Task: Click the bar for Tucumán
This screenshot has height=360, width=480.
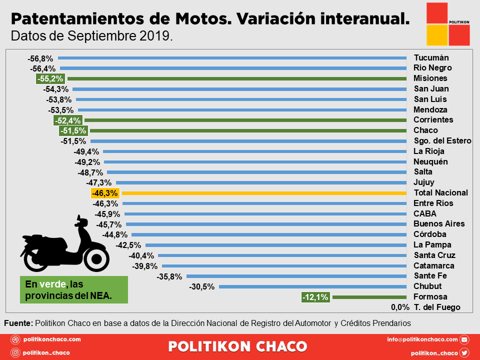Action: click(x=232, y=57)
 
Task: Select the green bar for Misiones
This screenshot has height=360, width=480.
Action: click(x=237, y=78)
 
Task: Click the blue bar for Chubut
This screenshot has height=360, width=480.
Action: click(x=312, y=286)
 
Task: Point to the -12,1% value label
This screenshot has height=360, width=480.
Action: click(x=315, y=297)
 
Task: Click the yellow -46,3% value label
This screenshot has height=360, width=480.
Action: click(x=104, y=193)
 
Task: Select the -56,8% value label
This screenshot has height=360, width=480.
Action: click(x=40, y=58)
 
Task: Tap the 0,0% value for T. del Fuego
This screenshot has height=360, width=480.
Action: click(x=400, y=307)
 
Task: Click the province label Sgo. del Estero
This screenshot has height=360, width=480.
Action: click(x=442, y=140)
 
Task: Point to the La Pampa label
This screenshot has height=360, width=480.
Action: click(x=432, y=245)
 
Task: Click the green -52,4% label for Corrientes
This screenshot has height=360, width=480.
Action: click(x=67, y=120)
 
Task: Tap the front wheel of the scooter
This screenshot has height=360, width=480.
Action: click(x=96, y=258)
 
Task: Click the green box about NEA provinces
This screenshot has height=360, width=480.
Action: click(x=74, y=289)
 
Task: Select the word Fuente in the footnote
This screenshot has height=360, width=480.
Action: click(x=18, y=323)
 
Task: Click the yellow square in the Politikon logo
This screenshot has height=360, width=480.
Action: click(x=437, y=35)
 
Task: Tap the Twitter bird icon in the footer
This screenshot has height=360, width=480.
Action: click(x=464, y=352)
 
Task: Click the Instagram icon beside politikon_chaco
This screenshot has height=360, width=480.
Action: click(x=15, y=352)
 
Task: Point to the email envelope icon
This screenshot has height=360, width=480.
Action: click(x=464, y=339)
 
